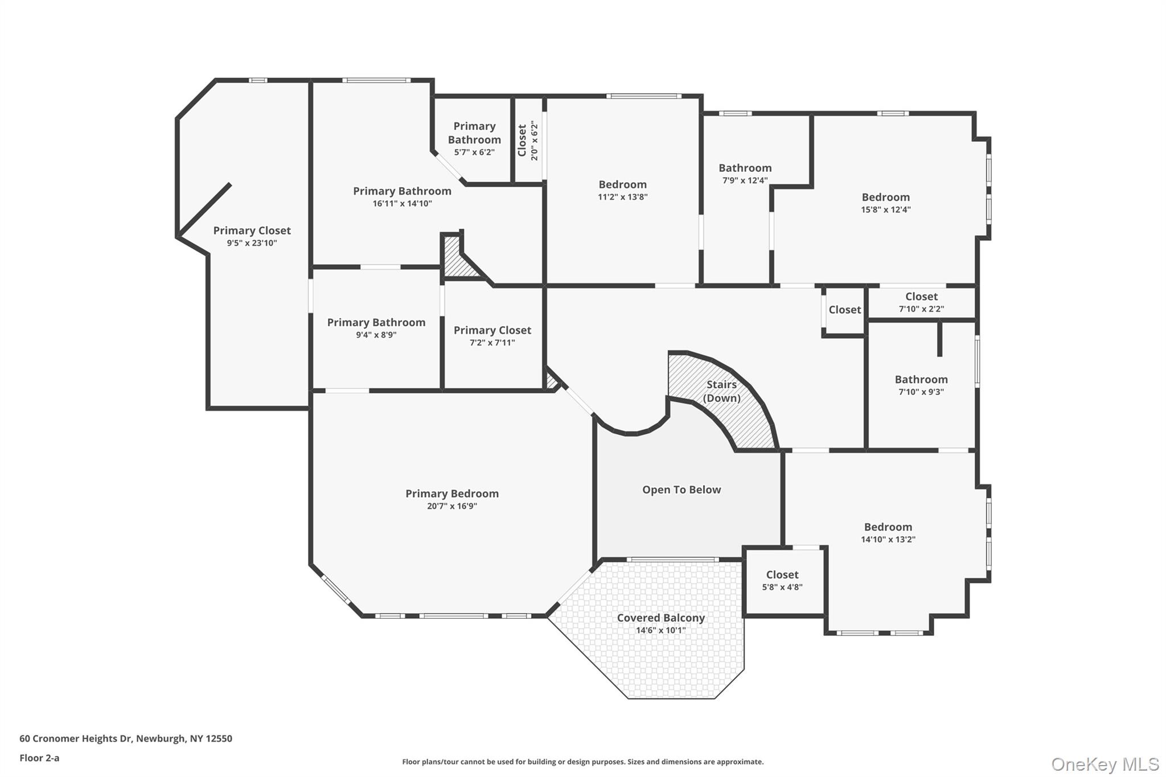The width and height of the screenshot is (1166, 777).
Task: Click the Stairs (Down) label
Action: click(x=721, y=391)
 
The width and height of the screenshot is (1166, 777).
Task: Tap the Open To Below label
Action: click(x=681, y=490)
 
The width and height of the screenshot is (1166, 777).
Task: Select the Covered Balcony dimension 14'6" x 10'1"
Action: click(x=660, y=630)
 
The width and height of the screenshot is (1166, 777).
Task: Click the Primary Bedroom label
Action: click(x=451, y=494)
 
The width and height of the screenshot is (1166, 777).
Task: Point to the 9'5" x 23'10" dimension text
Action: click(x=252, y=243)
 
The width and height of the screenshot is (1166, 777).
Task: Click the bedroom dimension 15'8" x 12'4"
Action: click(x=885, y=209)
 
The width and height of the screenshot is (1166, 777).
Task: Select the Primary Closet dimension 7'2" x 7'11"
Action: click(x=492, y=343)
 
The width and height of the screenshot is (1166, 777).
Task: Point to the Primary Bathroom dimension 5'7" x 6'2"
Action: click(x=474, y=153)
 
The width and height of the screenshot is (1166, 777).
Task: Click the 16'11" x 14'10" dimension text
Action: click(x=402, y=204)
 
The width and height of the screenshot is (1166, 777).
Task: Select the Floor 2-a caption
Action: click(x=39, y=758)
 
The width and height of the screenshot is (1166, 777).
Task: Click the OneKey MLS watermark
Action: click(x=1105, y=764)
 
